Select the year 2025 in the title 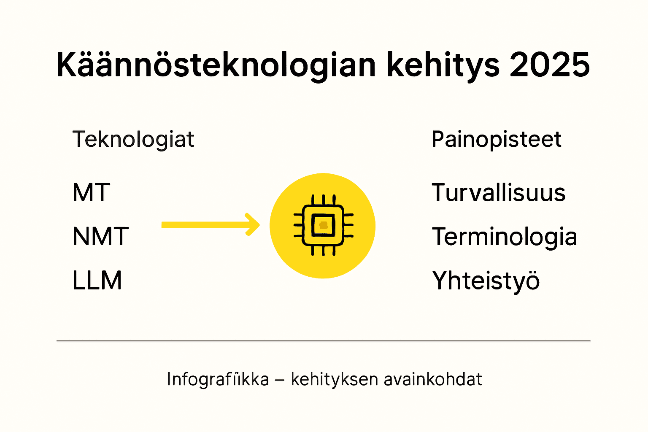pyautogui.click(x=550, y=65)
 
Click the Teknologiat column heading pyautogui.click(x=133, y=139)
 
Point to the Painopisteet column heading pyautogui.click(x=497, y=139)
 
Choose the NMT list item pyautogui.click(x=100, y=236)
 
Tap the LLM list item pyautogui.click(x=97, y=281)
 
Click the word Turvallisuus pyautogui.click(x=499, y=193)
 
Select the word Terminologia pyautogui.click(x=505, y=237)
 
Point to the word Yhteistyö pyautogui.click(x=486, y=281)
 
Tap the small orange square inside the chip pyautogui.click(x=324, y=225)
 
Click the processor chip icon pyautogui.click(x=323, y=225)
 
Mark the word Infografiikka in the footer pyautogui.click(x=218, y=379)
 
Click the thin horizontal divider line pyautogui.click(x=323, y=340)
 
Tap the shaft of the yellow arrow pyautogui.click(x=202, y=225)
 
